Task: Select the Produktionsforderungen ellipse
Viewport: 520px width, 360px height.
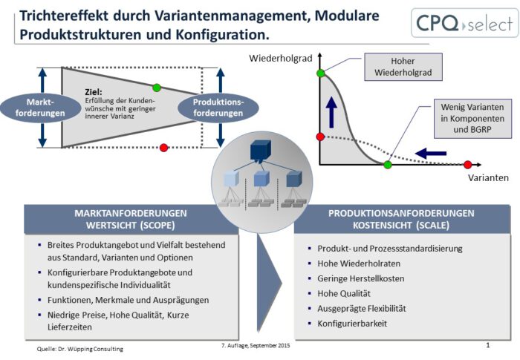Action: [218, 107]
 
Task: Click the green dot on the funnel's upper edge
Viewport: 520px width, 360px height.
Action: [156, 88]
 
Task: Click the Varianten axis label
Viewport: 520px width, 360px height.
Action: [488, 178]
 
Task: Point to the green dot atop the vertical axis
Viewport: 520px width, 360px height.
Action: [320, 73]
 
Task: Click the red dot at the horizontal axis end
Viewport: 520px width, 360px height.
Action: [467, 164]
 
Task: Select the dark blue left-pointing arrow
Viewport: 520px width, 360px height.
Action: [431, 154]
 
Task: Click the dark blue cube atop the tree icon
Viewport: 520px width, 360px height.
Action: [259, 151]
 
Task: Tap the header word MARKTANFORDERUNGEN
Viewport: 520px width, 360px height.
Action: [130, 213]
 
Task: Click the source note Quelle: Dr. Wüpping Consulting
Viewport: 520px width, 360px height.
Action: [80, 348]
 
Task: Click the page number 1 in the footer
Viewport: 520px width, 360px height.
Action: [487, 346]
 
